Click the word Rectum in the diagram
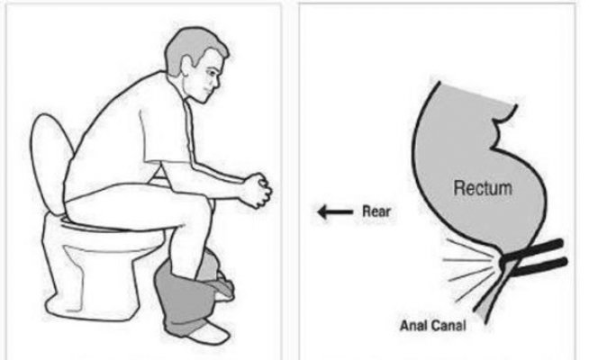pyautogui.click(x=484, y=189)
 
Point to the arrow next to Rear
pyautogui.click(x=335, y=213)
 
